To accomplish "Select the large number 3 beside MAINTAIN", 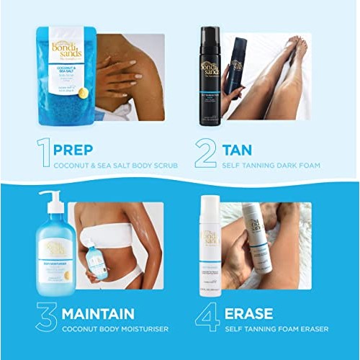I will [x=46, y=317].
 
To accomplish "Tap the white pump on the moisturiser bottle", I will [x=50, y=202].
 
